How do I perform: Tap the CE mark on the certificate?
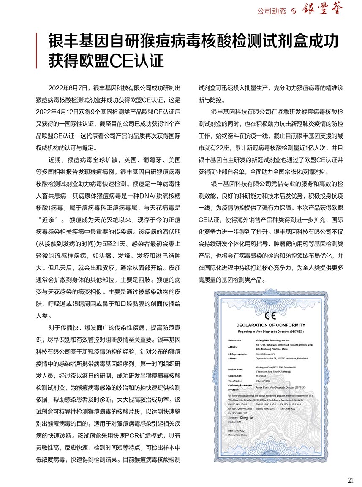coord(269,316)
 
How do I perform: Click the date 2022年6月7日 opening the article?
coord(68,89)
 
